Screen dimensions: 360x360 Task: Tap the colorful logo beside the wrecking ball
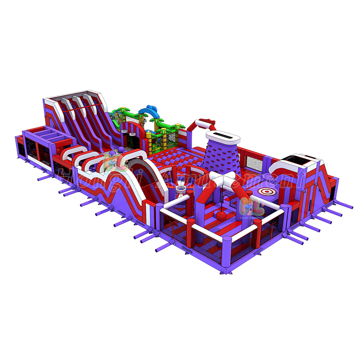pos(249,207)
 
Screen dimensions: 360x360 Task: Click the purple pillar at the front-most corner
pos(222,259)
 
